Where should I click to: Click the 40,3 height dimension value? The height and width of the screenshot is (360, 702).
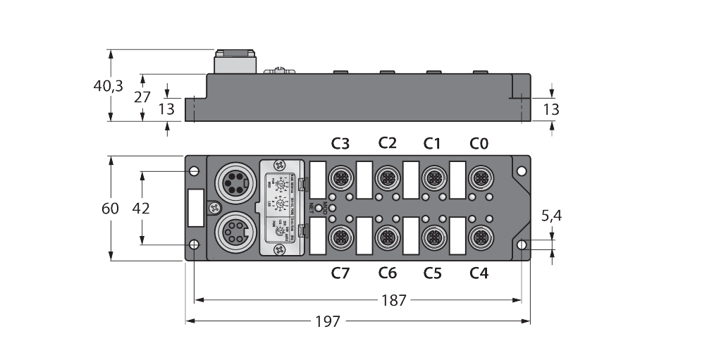109,86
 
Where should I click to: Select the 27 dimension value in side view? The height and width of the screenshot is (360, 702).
142,97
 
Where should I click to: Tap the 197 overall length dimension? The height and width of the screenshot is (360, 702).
328,321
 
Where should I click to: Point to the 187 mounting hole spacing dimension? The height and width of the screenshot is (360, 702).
393,300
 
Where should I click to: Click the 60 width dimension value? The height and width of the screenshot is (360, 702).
110,209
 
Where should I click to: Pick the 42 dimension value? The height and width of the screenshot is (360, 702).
142,209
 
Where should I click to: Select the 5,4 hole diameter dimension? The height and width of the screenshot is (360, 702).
551,216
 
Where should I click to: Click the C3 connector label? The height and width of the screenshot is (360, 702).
340,144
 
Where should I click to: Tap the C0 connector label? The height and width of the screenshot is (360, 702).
479,144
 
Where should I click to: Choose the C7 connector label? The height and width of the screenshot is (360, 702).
340,273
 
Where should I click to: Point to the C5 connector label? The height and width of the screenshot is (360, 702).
432,273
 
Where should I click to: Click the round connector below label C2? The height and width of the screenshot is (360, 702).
387,175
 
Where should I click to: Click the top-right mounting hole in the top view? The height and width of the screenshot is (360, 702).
521,171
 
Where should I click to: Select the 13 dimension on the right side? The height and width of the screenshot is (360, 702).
552,109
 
